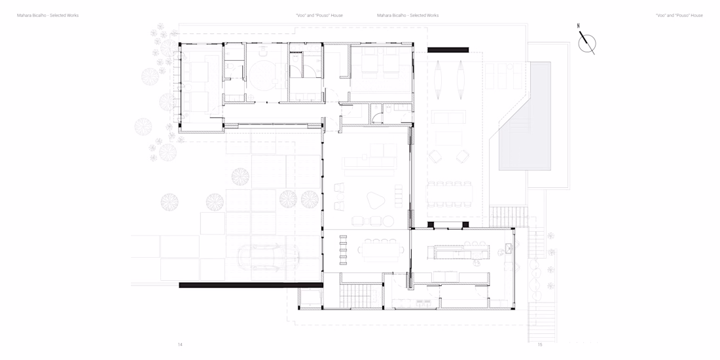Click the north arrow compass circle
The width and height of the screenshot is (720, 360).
587,44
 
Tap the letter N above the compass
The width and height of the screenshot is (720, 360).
579,26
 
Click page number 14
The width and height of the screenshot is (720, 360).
180,344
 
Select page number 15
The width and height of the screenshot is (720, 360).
540,344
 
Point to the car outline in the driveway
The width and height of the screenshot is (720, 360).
268,257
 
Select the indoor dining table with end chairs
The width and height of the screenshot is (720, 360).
381,251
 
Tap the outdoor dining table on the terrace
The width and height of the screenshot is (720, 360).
450,194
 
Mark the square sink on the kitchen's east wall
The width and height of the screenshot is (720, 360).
509,249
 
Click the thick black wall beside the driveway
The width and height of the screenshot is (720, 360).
251,285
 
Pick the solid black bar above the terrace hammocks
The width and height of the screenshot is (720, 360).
448,50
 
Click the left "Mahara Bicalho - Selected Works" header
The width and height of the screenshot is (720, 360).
48,15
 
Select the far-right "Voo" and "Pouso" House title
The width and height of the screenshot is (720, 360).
679,15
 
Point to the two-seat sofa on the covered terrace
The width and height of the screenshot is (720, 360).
448,117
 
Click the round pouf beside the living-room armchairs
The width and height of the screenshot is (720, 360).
388,221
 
